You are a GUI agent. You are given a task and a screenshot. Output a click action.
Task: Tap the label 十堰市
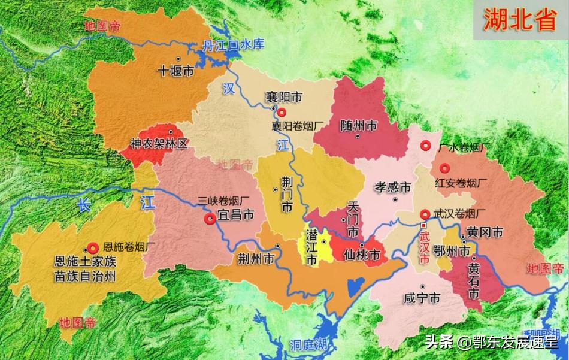click(x=175, y=71)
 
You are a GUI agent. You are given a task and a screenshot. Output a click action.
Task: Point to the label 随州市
click(x=358, y=125)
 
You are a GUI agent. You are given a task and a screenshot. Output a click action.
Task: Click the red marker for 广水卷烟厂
click(x=426, y=145)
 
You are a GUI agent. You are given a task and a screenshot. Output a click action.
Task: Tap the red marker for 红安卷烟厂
click(x=444, y=169)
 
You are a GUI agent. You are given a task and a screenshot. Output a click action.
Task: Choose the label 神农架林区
click(x=159, y=144)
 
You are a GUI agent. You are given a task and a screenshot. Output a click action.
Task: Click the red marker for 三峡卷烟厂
click(x=210, y=219)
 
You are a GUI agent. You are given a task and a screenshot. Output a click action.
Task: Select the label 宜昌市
click(x=235, y=214)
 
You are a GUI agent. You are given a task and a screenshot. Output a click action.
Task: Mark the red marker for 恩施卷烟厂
click(x=93, y=247)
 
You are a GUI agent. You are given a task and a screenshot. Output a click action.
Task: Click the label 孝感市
click(x=393, y=187)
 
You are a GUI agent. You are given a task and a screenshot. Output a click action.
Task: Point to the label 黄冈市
click(x=485, y=233)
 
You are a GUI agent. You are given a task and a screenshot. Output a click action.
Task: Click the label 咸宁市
click(x=422, y=297)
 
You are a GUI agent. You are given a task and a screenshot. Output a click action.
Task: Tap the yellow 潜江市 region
click(x=316, y=246)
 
